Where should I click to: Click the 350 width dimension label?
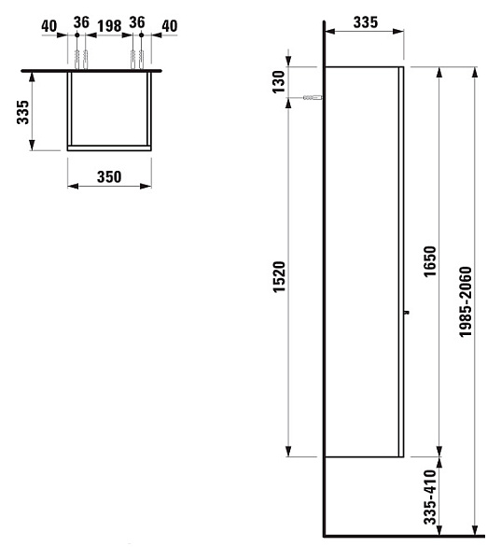(109, 176)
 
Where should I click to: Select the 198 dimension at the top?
(109, 26)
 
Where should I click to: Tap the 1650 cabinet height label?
(429, 261)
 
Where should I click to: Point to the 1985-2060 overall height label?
(466, 301)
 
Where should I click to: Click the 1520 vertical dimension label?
(280, 277)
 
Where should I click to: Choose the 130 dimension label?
(279, 82)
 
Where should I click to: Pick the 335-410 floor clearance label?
(430, 497)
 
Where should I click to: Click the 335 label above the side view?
(366, 22)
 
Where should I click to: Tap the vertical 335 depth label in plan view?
(22, 112)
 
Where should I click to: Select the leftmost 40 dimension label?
(49, 26)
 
